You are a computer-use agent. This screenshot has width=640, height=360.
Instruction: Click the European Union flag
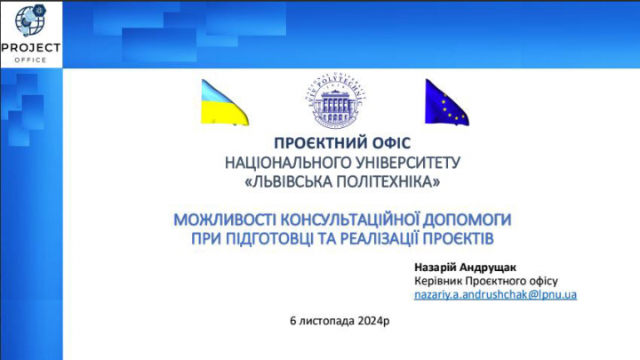pos(447,102)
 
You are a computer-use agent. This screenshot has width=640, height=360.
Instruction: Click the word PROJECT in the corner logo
pos(31,47)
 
